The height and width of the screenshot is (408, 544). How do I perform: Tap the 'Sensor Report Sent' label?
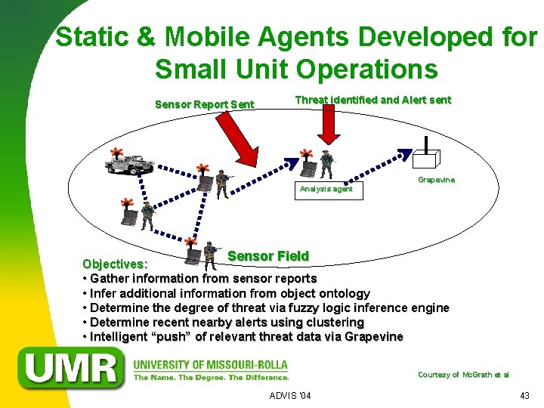click(204, 104)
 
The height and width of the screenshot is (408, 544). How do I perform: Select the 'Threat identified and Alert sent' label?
click(372, 100)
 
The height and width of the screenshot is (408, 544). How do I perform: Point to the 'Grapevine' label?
click(436, 180)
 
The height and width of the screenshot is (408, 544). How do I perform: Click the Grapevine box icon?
click(426, 157)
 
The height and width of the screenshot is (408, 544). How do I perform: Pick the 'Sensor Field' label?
click(268, 256)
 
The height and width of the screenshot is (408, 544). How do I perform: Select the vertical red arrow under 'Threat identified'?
click(329, 123)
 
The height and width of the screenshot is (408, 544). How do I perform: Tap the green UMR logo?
click(73, 369)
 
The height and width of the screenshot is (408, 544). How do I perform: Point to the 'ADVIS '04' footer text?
click(290, 396)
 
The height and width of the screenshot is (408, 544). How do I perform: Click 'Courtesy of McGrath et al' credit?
click(463, 375)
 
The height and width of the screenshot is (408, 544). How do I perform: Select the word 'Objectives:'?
click(115, 264)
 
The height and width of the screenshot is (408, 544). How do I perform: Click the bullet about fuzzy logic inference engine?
click(269, 308)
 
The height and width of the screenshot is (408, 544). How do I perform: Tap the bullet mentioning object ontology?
click(230, 293)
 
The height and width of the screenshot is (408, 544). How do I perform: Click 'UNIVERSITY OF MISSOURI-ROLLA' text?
click(210, 364)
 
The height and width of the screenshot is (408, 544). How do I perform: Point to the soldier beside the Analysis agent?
click(326, 164)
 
